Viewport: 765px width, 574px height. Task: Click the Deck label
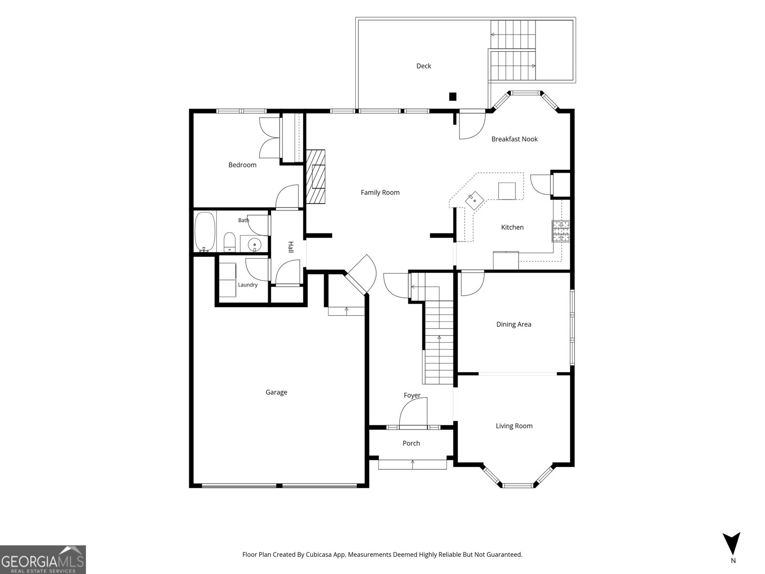click(x=424, y=66)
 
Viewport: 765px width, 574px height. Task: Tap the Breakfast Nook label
click(x=514, y=139)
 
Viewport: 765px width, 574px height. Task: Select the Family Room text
click(x=380, y=192)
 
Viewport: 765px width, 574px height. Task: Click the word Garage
click(x=276, y=392)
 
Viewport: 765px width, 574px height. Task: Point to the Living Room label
click(x=514, y=426)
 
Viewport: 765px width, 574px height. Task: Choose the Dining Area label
click(x=514, y=324)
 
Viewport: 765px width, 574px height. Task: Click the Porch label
click(x=411, y=443)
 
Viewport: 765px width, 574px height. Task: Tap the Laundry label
click(x=248, y=285)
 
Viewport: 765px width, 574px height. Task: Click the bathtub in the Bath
click(x=205, y=232)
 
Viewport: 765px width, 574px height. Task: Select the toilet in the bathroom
click(x=229, y=242)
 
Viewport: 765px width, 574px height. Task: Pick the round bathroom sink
click(x=255, y=244)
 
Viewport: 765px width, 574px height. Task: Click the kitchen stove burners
click(x=561, y=231)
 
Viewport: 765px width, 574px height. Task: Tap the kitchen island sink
click(x=474, y=200)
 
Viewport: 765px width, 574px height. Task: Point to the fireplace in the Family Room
click(x=316, y=177)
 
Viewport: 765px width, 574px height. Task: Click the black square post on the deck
click(x=452, y=97)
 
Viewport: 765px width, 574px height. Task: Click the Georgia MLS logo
click(x=43, y=559)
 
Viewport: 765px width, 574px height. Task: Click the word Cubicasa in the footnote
click(x=318, y=554)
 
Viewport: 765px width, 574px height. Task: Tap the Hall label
click(x=291, y=247)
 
